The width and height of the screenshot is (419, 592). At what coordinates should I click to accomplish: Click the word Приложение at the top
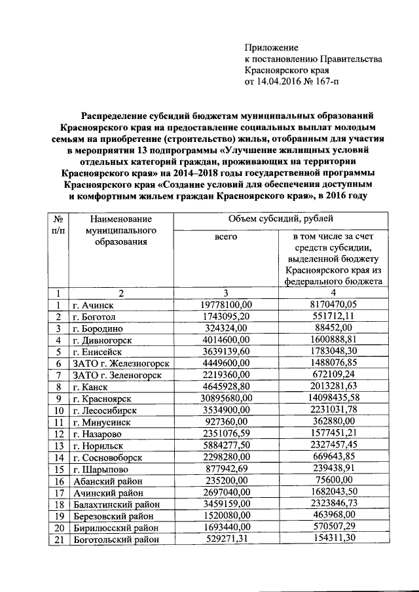[x=271, y=48]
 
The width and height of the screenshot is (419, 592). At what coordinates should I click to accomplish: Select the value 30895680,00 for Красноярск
[x=225, y=398]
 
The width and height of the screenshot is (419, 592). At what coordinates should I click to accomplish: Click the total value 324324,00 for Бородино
[x=225, y=328]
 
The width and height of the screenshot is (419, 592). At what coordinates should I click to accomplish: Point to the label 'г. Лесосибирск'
[x=105, y=410]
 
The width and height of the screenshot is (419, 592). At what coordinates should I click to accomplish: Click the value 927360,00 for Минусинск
[x=225, y=422]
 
